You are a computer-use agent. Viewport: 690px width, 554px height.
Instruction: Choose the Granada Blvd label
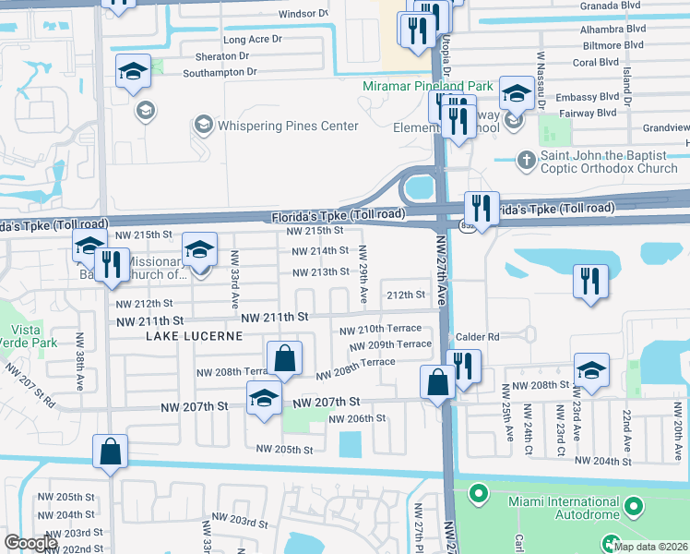pos(611,5)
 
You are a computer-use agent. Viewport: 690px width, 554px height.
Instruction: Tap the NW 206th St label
pos(357,418)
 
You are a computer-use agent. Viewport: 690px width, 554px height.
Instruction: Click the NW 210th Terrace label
pos(379,330)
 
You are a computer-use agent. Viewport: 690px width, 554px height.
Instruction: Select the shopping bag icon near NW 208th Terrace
pos(285,359)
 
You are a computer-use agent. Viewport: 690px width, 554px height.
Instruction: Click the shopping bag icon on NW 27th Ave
pos(437,381)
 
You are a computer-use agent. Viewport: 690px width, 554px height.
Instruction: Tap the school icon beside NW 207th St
pos(265,400)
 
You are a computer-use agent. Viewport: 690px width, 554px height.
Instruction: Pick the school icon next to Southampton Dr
pos(133,71)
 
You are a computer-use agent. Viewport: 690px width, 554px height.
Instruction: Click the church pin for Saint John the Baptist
pos(525,158)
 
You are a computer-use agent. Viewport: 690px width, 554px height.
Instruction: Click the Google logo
pos(31,543)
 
